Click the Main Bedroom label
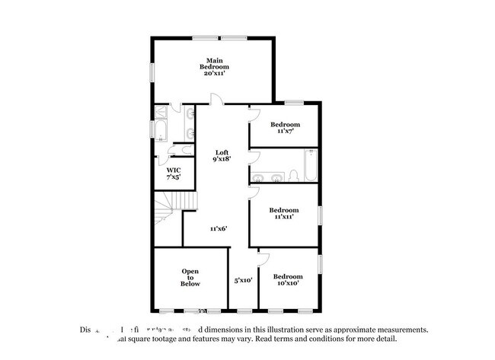tap(215, 67)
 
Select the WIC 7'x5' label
tap(174, 174)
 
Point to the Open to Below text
tap(190, 278)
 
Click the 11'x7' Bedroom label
tap(285, 128)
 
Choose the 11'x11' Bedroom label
tap(284, 213)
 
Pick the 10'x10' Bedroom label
tap(287, 279)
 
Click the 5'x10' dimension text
tap(243, 280)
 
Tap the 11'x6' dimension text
tap(219, 228)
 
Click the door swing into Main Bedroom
tap(216, 99)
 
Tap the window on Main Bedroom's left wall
tap(152, 72)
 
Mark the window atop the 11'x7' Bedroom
tap(294, 102)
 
